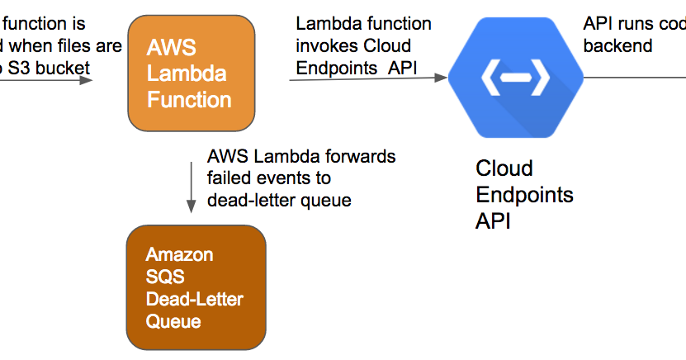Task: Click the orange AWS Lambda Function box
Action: tap(191, 72)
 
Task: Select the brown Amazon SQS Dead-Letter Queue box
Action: tap(196, 287)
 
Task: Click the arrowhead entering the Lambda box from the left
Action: tap(86, 80)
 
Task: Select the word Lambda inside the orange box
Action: tap(187, 73)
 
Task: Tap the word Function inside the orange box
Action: tap(189, 100)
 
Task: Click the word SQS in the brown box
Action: tap(163, 277)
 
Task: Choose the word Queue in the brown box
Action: tap(173, 320)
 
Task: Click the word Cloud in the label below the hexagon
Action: tap(504, 168)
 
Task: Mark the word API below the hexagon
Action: tap(493, 221)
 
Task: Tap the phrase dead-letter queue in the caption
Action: tap(279, 200)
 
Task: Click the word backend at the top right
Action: tap(617, 46)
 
